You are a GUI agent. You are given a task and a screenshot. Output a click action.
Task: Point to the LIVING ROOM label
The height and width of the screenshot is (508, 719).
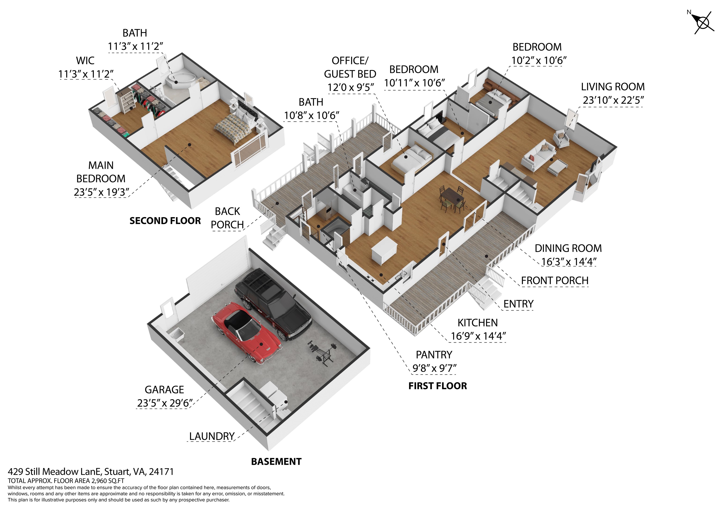click(613, 87)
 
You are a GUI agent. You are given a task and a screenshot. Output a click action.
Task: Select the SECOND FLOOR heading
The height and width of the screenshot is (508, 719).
click(165, 221)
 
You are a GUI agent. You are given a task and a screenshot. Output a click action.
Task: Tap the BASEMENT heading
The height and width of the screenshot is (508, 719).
click(276, 461)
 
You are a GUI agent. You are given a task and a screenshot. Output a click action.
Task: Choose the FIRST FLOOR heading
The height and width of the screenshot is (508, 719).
click(437, 386)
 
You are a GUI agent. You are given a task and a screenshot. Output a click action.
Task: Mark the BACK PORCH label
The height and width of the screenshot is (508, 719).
click(227, 218)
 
